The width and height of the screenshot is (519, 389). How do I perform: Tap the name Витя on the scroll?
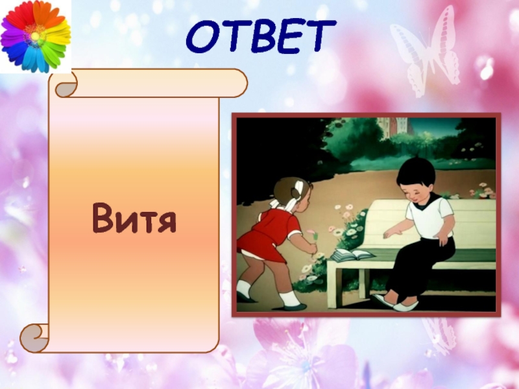[134, 217]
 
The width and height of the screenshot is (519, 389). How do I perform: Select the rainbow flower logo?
[35, 36]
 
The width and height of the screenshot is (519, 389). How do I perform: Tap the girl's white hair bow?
[296, 191]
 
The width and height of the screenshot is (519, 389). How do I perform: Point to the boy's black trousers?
[415, 266]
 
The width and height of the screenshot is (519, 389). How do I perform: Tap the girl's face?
[306, 194]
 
